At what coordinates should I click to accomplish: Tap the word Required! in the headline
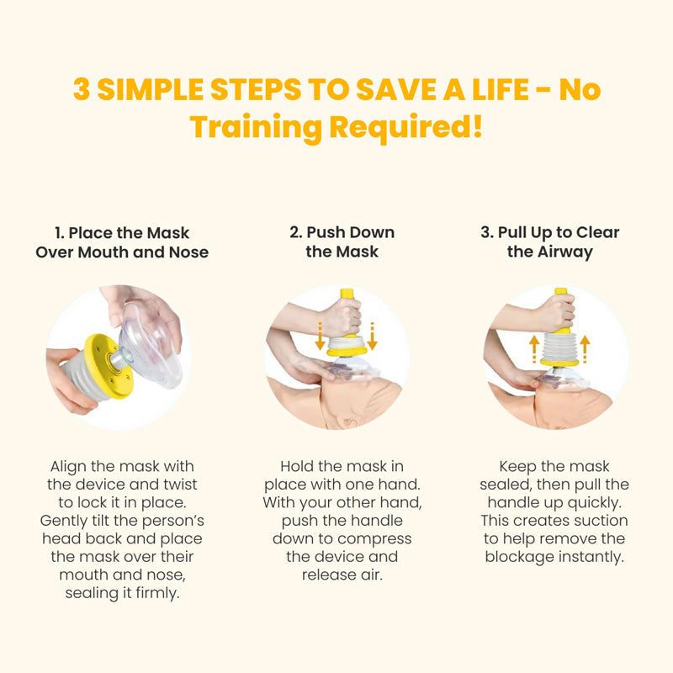click(x=406, y=127)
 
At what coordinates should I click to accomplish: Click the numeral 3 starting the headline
click(x=82, y=89)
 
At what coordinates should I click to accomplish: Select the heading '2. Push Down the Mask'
click(x=342, y=241)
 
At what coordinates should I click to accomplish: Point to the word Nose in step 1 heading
click(x=188, y=252)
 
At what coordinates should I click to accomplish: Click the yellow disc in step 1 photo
click(x=109, y=366)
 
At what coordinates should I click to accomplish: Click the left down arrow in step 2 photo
click(x=320, y=336)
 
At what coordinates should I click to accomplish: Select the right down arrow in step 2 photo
click(x=372, y=336)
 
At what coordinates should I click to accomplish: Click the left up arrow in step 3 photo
click(x=534, y=349)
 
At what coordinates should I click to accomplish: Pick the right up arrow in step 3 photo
click(x=585, y=349)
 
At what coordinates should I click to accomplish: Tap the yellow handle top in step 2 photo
click(x=347, y=294)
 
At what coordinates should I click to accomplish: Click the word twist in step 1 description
click(x=180, y=485)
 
